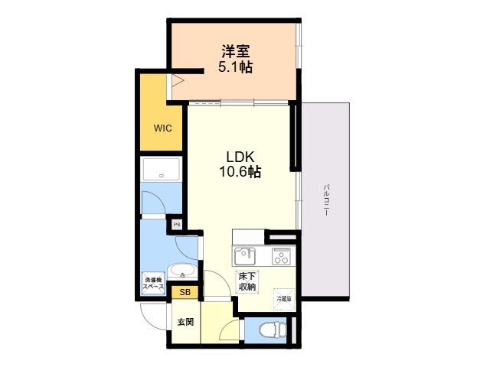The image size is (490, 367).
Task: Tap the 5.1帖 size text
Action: click(x=237, y=67)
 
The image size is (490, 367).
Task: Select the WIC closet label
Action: click(x=162, y=128)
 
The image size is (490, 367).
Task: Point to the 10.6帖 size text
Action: click(x=240, y=172)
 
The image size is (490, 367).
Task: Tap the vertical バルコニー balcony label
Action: click(x=326, y=200)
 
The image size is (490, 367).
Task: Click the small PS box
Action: click(x=177, y=225)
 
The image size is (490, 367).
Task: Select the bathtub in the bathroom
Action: click(x=161, y=170)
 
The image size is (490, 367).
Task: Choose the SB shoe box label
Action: click(x=185, y=292)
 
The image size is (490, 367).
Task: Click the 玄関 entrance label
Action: click(x=185, y=322)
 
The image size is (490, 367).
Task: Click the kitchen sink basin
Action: click(x=244, y=255)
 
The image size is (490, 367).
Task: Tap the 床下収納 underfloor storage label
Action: click(x=247, y=281)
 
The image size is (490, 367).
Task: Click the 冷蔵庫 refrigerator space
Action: click(x=284, y=297)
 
